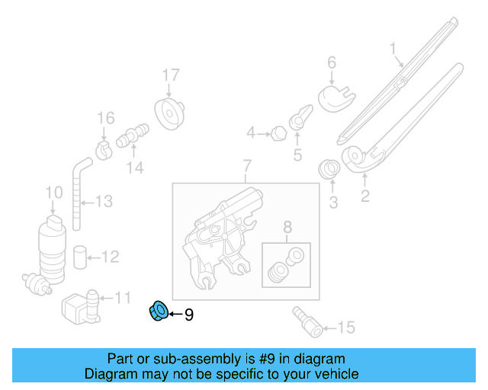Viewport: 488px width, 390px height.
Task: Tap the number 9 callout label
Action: (x=189, y=314)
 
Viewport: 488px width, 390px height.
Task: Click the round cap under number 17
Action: (x=169, y=113)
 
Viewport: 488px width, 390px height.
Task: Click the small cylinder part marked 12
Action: (x=79, y=255)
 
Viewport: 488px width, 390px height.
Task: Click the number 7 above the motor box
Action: (x=246, y=165)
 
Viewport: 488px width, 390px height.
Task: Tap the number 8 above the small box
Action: (x=287, y=226)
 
